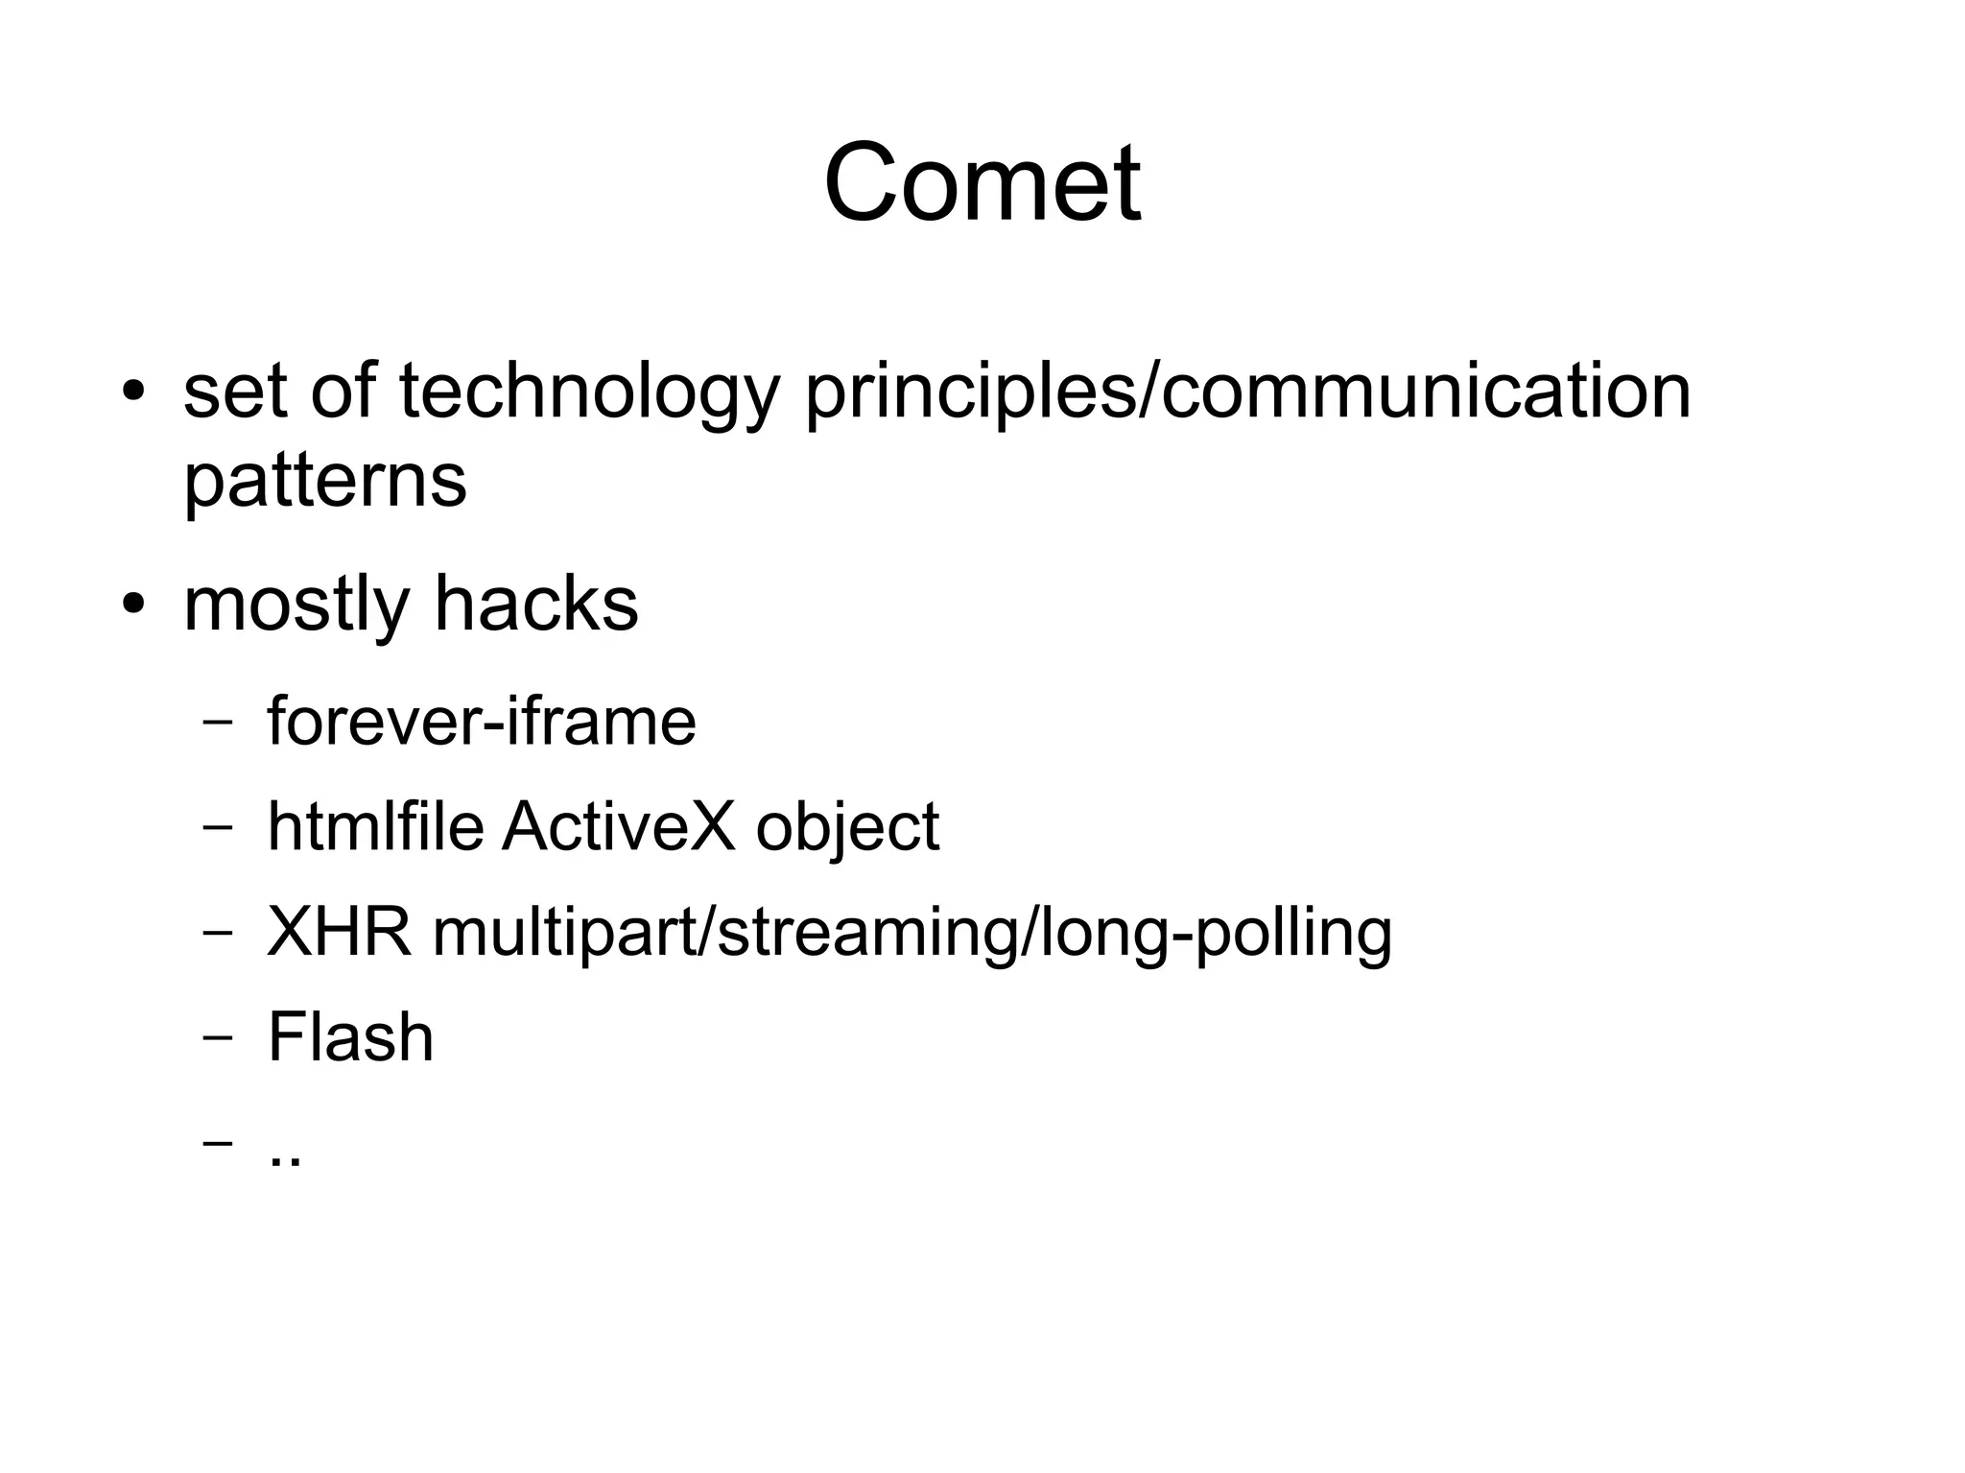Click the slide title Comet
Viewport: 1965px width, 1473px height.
(x=982, y=182)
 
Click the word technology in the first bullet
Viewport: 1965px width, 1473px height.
(x=586, y=393)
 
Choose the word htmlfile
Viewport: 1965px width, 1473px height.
(x=375, y=826)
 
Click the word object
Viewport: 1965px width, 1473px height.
(x=847, y=828)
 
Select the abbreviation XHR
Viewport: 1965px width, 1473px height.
(x=339, y=932)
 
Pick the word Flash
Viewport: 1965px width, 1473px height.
(x=350, y=1037)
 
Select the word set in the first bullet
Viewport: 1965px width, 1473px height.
(x=234, y=393)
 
